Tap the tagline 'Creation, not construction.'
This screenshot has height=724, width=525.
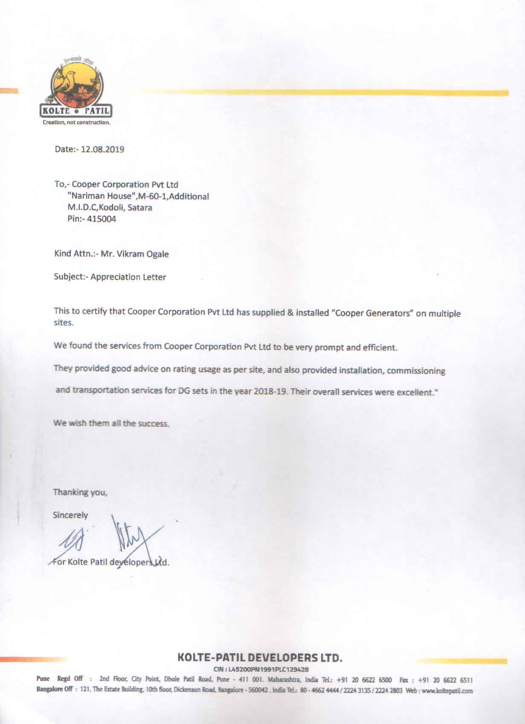click(x=76, y=122)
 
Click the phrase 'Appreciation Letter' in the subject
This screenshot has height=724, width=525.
click(x=128, y=277)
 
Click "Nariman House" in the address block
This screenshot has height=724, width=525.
click(x=99, y=196)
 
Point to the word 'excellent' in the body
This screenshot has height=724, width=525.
click(x=415, y=392)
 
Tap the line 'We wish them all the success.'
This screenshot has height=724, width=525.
click(x=112, y=423)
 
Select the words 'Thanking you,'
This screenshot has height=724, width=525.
click(x=80, y=492)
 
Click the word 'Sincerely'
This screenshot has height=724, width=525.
click(x=70, y=515)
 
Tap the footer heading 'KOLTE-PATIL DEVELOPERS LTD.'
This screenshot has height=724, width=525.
click(x=260, y=657)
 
